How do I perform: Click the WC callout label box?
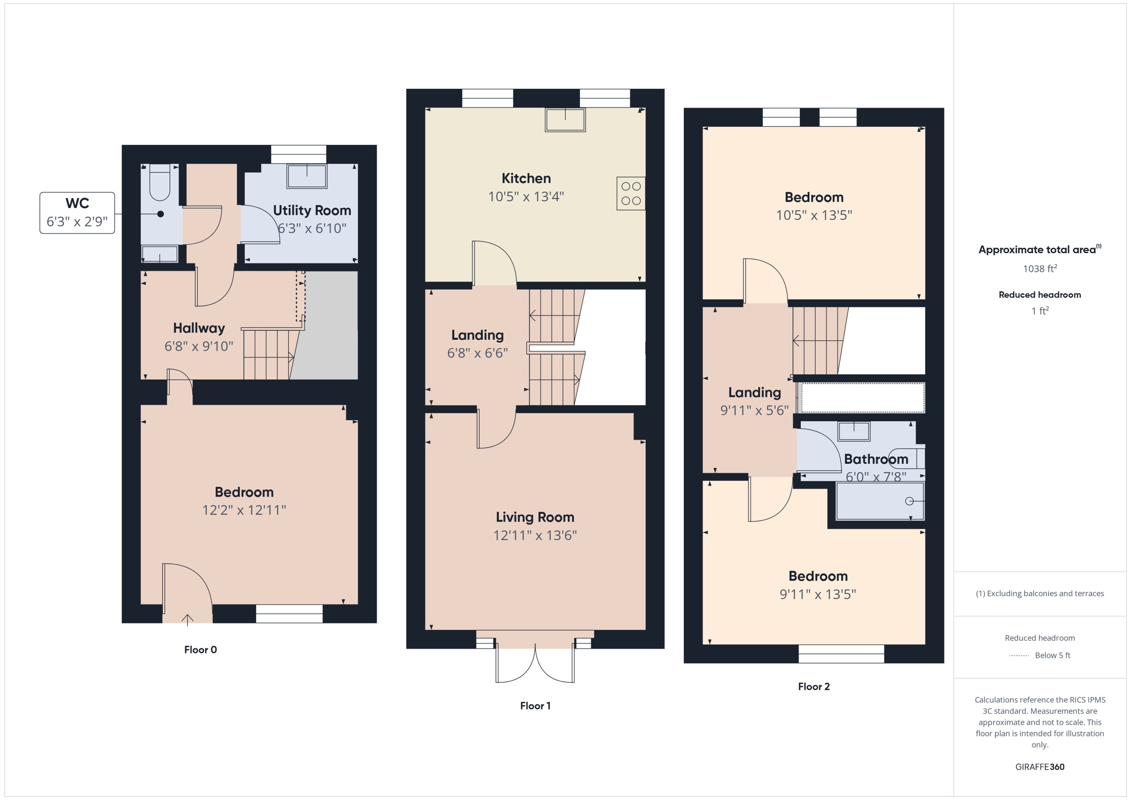77,213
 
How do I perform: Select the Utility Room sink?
307,176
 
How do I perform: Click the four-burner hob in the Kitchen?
631,193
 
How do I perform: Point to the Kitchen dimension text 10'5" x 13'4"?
526,197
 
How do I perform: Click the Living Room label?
535,517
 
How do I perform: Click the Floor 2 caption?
814,687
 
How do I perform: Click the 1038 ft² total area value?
1039,268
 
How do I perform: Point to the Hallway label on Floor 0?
199,328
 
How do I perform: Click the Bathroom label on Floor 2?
876,459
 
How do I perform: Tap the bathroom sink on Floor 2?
854,431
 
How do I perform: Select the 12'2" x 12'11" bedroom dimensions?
244,510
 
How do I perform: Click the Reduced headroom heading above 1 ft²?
1039,295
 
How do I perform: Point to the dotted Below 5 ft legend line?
1019,656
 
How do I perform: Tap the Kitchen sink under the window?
565,120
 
